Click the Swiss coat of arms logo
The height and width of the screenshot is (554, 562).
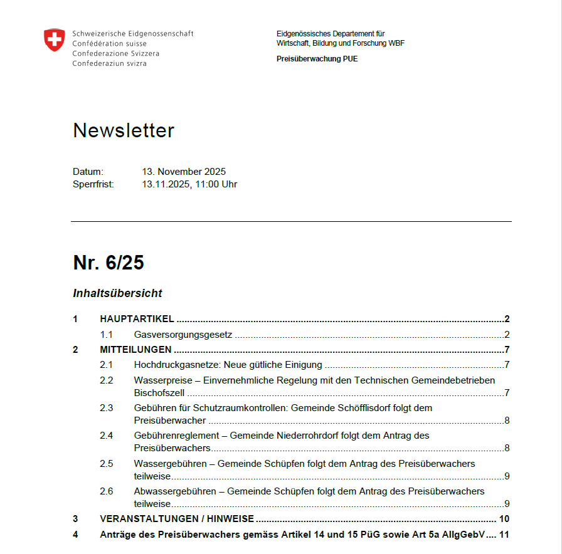point(54,40)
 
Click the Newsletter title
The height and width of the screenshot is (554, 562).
point(124,130)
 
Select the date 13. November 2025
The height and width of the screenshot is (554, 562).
point(184,172)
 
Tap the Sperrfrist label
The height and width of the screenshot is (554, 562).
point(93,184)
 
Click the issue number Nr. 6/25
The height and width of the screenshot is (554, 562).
point(109,263)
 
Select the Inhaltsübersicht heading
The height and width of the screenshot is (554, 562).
point(118,293)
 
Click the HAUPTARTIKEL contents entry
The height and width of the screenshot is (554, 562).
point(137,319)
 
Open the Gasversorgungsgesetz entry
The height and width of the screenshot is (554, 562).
point(183,335)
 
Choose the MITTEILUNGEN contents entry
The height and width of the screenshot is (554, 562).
point(135,350)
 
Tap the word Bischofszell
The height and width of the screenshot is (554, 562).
point(160,393)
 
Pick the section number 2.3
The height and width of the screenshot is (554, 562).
point(107,408)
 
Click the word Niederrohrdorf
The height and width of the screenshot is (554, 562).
point(284,436)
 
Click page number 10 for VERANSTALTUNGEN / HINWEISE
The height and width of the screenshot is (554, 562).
point(504,519)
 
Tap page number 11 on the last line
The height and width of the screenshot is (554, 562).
point(504,535)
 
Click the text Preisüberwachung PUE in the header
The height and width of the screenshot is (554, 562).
point(317,59)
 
